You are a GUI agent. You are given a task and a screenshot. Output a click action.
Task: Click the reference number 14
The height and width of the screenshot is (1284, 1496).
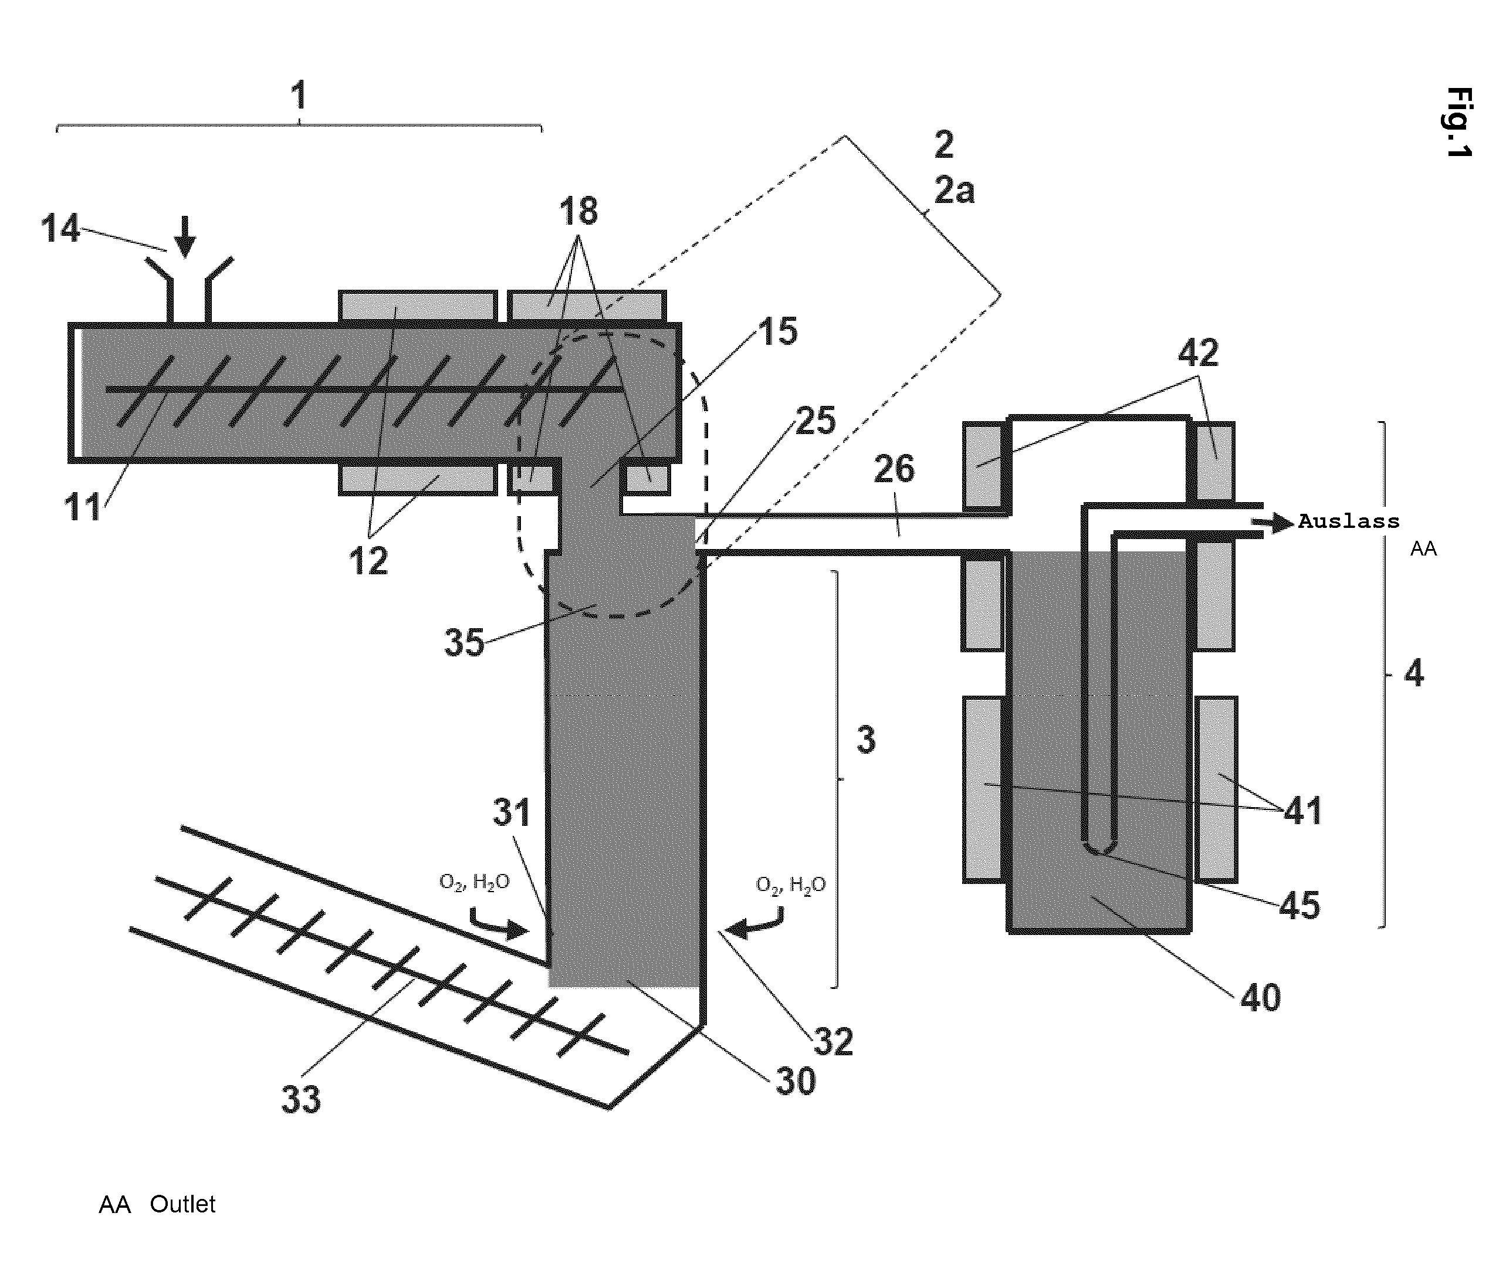(x=60, y=229)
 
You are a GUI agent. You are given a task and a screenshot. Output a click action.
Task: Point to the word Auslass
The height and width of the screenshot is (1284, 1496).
(x=1349, y=521)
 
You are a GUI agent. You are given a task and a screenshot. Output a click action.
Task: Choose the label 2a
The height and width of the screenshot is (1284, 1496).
(x=955, y=191)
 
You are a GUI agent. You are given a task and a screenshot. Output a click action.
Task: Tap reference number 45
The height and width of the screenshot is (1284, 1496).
(x=1299, y=905)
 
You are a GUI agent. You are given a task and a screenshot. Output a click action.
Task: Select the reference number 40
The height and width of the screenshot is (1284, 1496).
(x=1261, y=998)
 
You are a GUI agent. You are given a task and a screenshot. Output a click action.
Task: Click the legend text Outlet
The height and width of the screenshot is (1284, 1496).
(x=182, y=1204)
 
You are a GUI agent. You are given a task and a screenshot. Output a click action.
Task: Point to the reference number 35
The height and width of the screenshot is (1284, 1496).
(x=463, y=642)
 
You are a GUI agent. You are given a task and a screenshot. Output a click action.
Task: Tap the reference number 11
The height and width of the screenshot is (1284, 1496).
(x=83, y=507)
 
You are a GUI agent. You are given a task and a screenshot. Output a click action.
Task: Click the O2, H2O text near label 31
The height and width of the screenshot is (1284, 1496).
(x=475, y=882)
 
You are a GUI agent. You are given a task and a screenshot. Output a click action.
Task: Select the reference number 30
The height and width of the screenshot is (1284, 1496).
(x=796, y=1081)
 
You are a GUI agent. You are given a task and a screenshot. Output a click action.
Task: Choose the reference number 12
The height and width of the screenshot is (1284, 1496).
(x=368, y=561)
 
